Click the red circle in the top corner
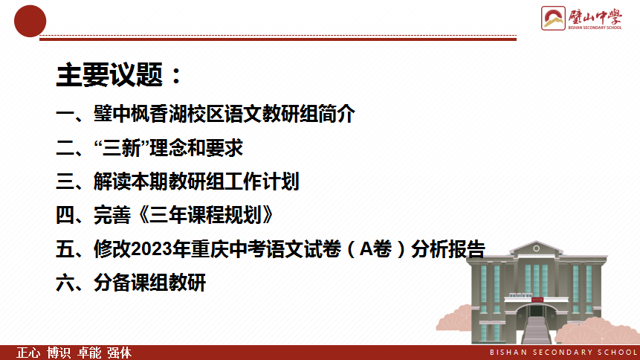point(30,22)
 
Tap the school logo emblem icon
point(553,19)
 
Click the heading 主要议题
point(110,75)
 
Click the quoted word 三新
point(122,148)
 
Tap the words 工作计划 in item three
point(262,181)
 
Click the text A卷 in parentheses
point(376,249)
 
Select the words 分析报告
point(448,249)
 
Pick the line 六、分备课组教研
point(131,283)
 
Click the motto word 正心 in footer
point(28,353)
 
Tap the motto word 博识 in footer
point(59,353)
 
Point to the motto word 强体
point(119,353)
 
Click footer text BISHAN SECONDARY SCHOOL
point(563,353)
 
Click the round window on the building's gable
point(537,248)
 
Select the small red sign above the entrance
point(537,300)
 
